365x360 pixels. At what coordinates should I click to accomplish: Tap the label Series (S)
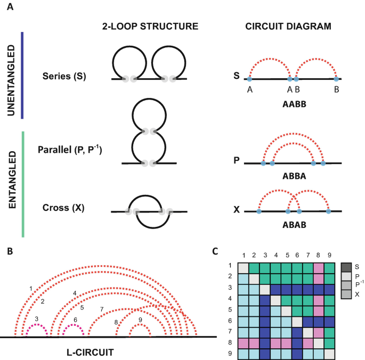click(64, 76)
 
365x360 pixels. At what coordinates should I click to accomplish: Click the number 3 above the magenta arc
click(36, 318)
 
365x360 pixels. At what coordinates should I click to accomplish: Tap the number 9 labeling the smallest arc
click(140, 320)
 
